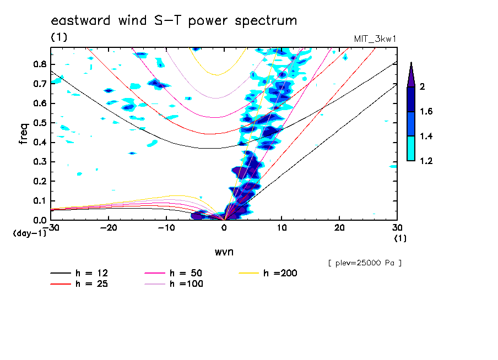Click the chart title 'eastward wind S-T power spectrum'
click(174, 21)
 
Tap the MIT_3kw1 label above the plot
click(375, 39)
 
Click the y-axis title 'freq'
click(23, 134)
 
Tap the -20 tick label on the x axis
click(108, 227)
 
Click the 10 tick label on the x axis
click(282, 227)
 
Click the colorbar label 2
click(422, 86)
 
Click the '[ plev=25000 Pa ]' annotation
click(365, 263)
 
